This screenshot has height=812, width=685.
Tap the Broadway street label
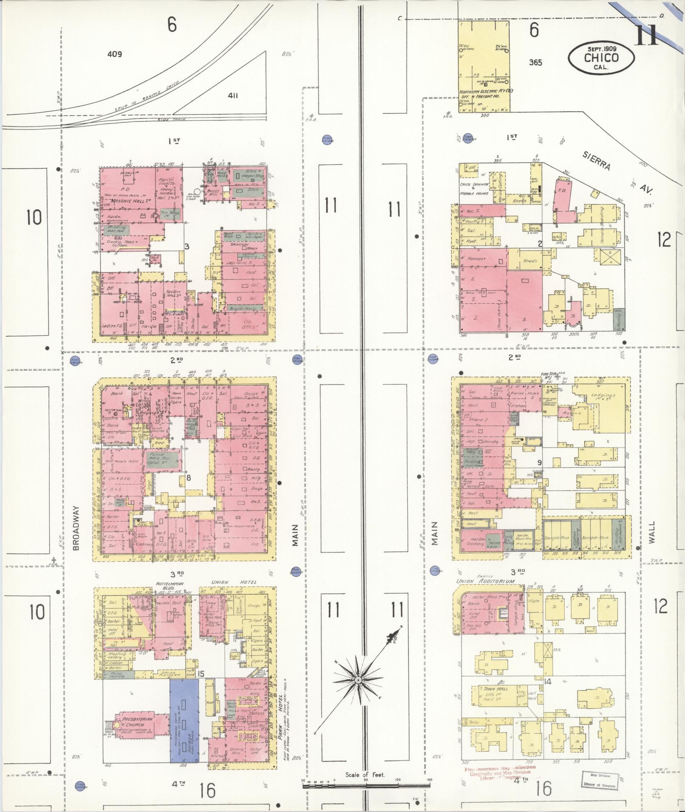[77, 528]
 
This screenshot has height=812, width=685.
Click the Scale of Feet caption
[365, 775]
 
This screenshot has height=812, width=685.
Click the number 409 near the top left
[115, 54]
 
